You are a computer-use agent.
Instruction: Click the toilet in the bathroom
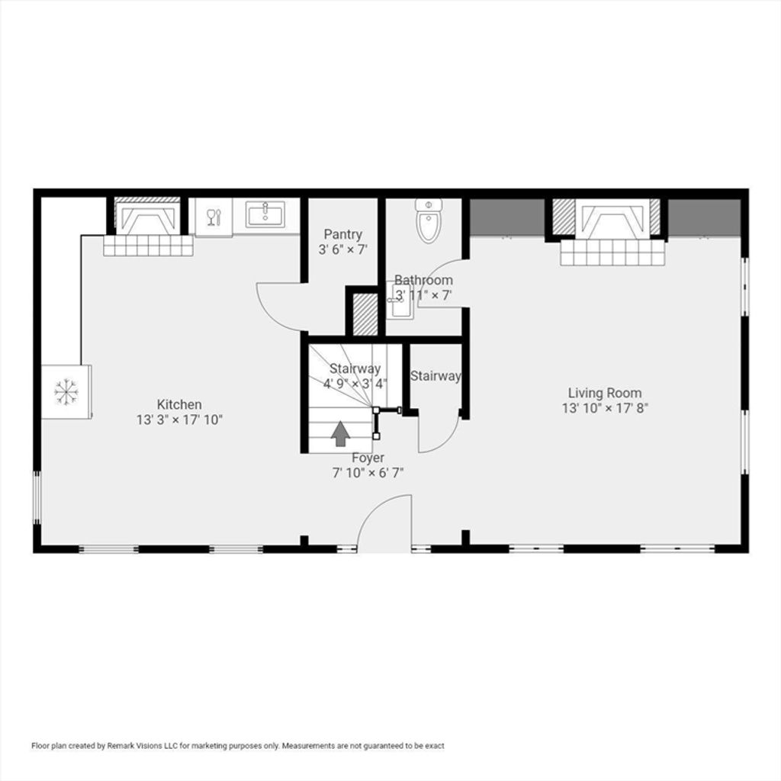[429, 220]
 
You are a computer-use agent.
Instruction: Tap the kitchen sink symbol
[265, 214]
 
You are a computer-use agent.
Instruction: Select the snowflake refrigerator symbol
[66, 392]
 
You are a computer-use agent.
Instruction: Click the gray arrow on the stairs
[340, 434]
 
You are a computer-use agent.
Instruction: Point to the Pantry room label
[342, 234]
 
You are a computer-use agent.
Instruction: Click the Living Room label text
[605, 393]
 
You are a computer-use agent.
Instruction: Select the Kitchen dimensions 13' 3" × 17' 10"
[179, 420]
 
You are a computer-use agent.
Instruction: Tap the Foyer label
[368, 458]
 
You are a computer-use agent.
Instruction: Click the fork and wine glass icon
[214, 217]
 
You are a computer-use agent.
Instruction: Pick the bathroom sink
[400, 301]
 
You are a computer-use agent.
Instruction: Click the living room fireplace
[606, 219]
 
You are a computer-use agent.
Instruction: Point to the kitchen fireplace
[147, 216]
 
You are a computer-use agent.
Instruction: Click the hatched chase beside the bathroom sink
[365, 314]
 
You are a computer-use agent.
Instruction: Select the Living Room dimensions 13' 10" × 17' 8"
[605, 409]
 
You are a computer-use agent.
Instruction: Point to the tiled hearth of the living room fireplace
[612, 252]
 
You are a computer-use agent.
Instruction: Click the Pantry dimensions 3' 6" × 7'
[342, 249]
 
